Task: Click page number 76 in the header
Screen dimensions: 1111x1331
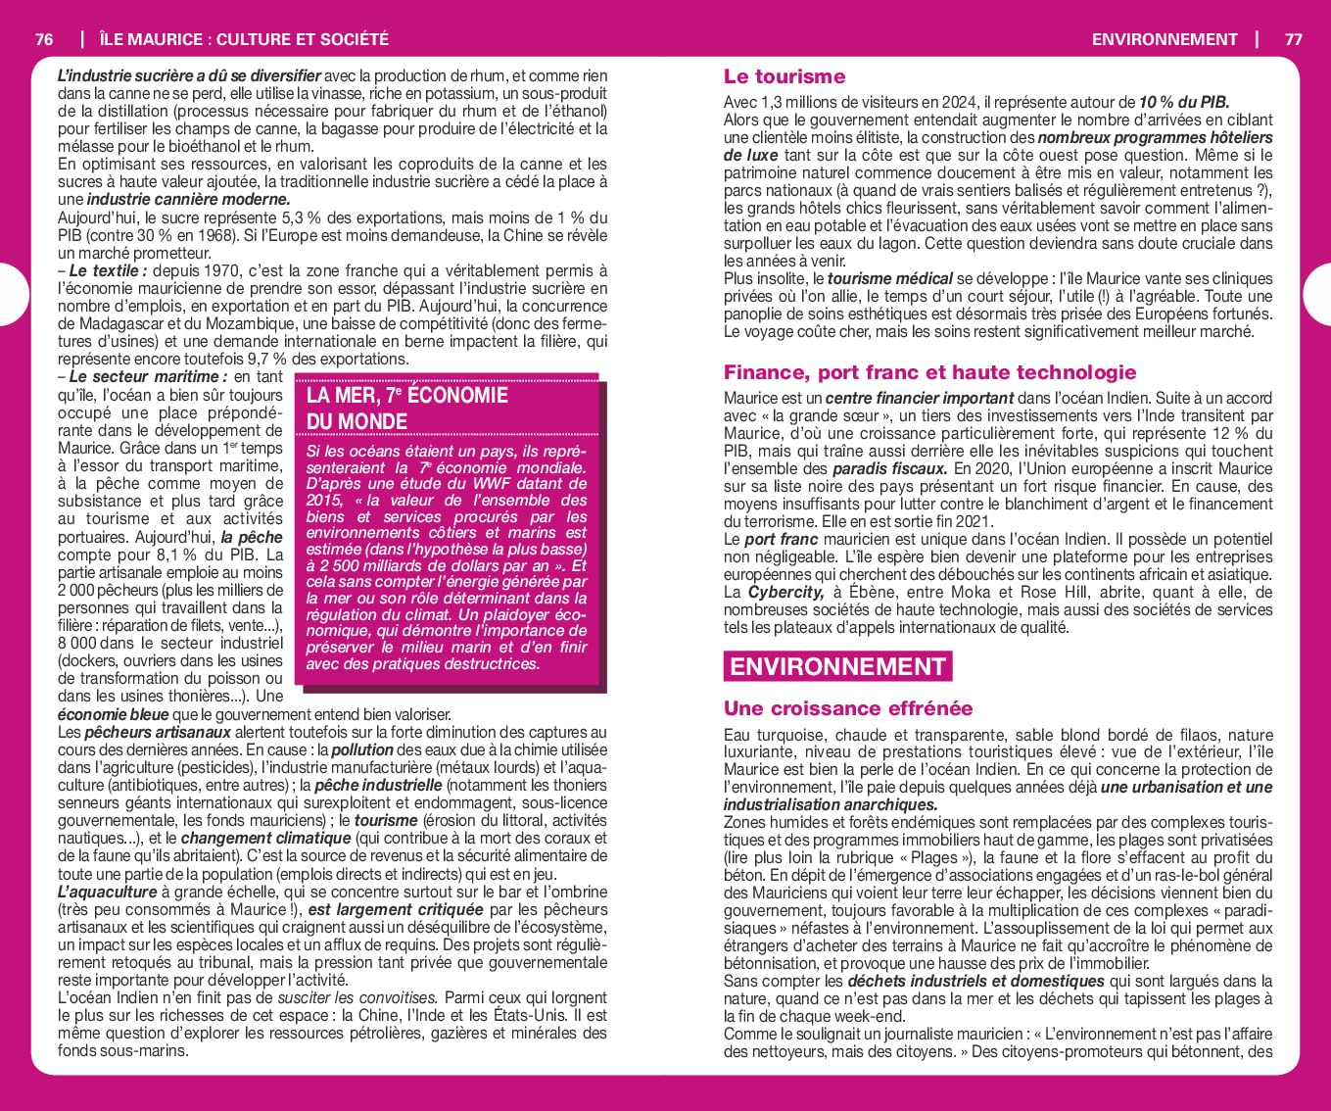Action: (44, 39)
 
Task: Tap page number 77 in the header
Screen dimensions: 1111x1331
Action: (1293, 39)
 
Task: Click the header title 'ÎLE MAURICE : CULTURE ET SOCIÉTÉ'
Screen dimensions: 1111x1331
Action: (244, 39)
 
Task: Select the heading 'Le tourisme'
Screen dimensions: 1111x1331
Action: (784, 76)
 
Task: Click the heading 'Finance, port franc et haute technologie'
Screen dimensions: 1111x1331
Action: (929, 372)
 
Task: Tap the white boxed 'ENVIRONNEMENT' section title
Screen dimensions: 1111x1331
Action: (838, 667)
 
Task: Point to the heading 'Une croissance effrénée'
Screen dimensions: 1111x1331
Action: (847, 708)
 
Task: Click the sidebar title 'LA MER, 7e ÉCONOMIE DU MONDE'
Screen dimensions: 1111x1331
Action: (406, 409)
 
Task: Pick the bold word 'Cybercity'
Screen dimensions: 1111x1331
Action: (785, 593)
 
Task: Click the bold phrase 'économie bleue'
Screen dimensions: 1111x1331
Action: (113, 715)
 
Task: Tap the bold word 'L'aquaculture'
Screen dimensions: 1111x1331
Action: (107, 893)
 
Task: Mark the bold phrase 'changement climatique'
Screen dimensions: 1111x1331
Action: (265, 839)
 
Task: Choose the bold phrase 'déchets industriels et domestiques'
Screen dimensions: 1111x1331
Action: (975, 982)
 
